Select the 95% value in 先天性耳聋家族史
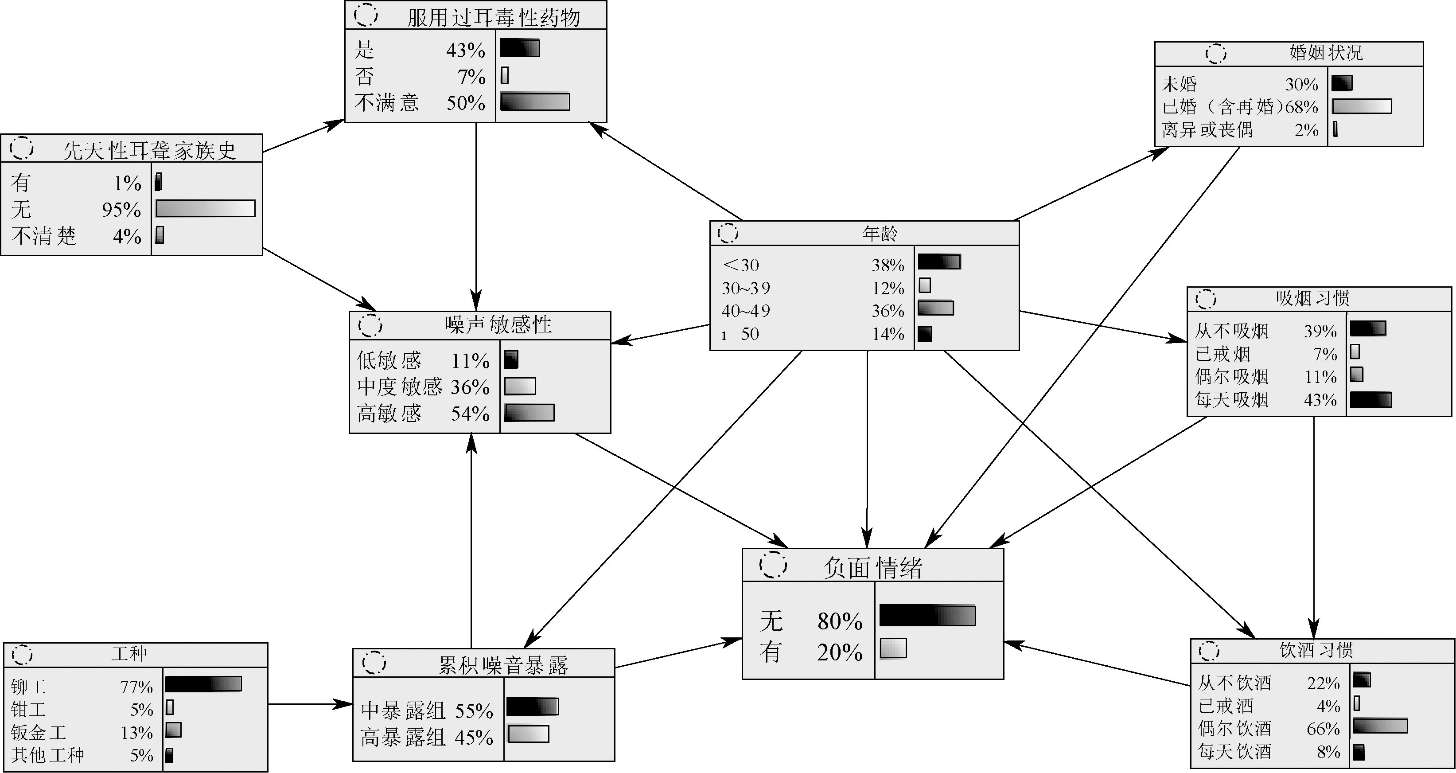point(121,210)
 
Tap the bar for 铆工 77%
point(203,684)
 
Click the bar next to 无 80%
point(927,616)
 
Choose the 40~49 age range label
point(746,311)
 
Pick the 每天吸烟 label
point(1232,400)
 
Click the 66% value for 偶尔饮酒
point(1323,729)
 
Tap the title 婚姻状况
point(1325,53)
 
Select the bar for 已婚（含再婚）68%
point(1362,106)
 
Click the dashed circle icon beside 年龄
point(728,233)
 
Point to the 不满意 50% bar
point(535,102)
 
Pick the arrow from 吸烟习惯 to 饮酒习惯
point(1314,526)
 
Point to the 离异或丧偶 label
point(1207,130)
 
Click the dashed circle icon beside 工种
point(22,654)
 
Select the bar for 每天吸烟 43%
point(1370,400)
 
